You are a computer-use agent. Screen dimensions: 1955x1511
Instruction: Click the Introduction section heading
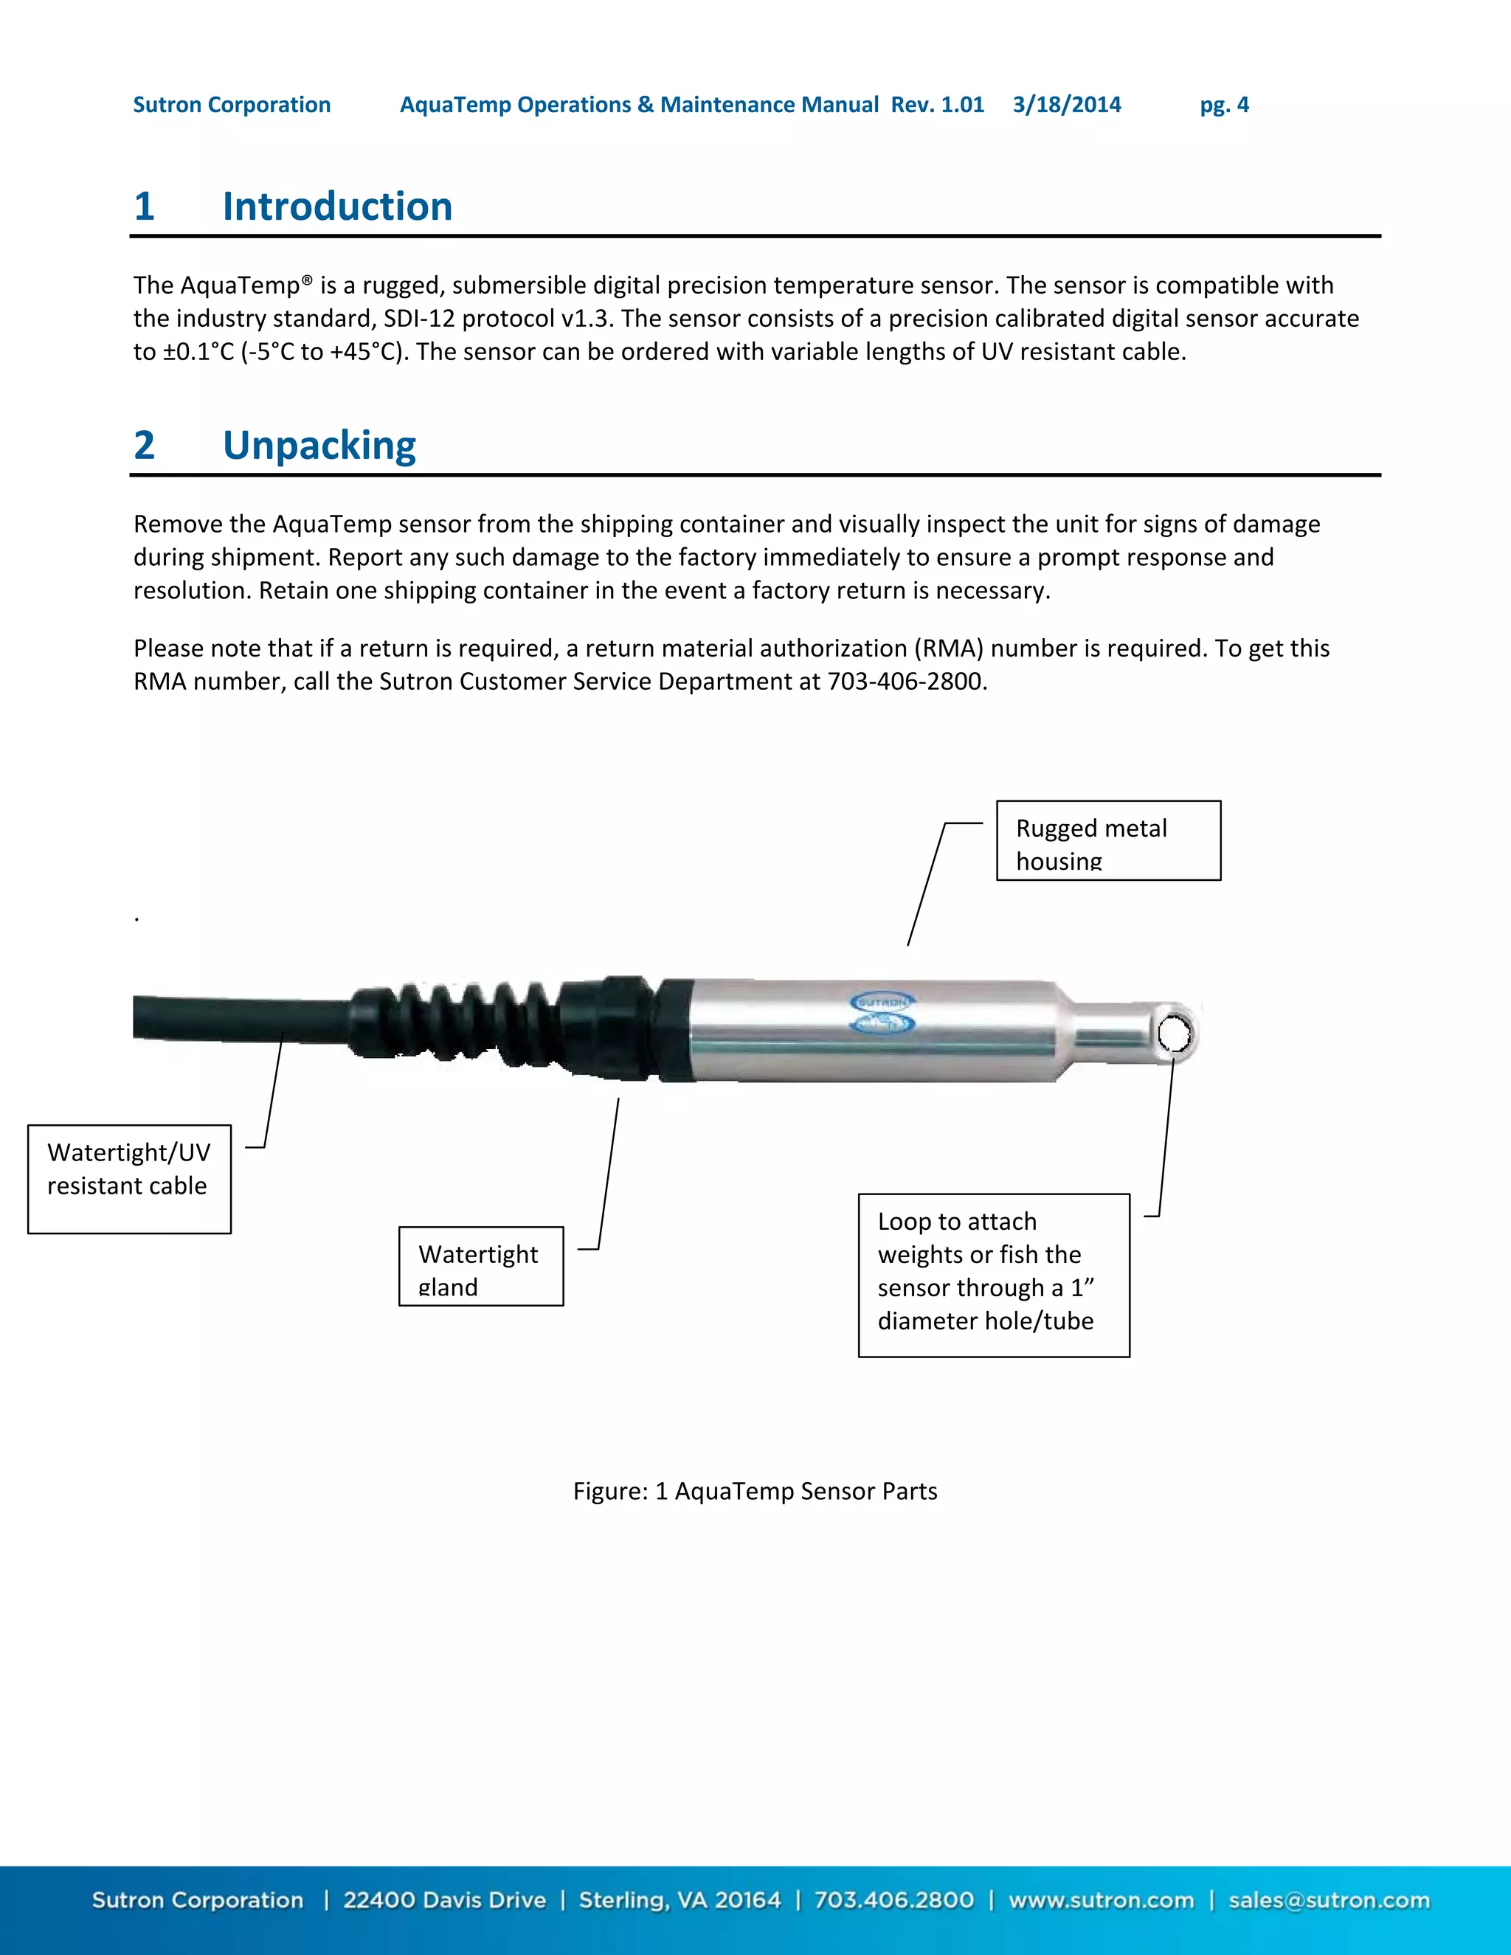336,207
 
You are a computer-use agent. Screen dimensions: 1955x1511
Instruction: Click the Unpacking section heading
319,446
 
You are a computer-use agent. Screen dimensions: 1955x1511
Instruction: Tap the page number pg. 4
1224,105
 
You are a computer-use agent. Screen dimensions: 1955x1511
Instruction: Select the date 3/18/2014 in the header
1066,105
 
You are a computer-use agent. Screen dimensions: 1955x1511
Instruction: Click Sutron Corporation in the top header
232,105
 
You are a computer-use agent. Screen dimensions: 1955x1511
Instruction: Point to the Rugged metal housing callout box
1107,840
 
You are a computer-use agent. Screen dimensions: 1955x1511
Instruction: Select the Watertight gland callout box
481,1266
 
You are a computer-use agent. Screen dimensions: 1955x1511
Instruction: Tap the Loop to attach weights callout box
993,1275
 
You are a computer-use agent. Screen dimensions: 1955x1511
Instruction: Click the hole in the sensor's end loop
1175,1034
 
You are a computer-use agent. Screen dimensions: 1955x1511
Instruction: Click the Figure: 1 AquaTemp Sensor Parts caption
755,1491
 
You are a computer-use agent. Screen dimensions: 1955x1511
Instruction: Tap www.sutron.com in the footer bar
1100,1900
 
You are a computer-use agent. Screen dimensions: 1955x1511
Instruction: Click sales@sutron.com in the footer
1328,1900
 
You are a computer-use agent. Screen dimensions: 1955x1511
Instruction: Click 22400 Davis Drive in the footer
444,1900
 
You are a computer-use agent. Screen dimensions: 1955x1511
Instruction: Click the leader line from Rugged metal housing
927,884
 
